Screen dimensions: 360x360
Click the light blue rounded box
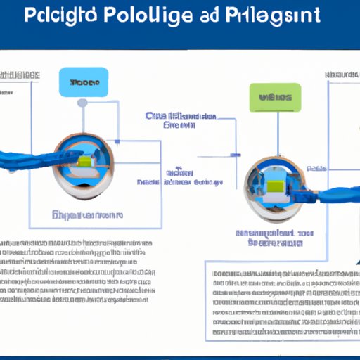[84, 82]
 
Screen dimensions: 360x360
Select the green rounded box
[275, 98]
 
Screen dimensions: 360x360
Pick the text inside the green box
[275, 98]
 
